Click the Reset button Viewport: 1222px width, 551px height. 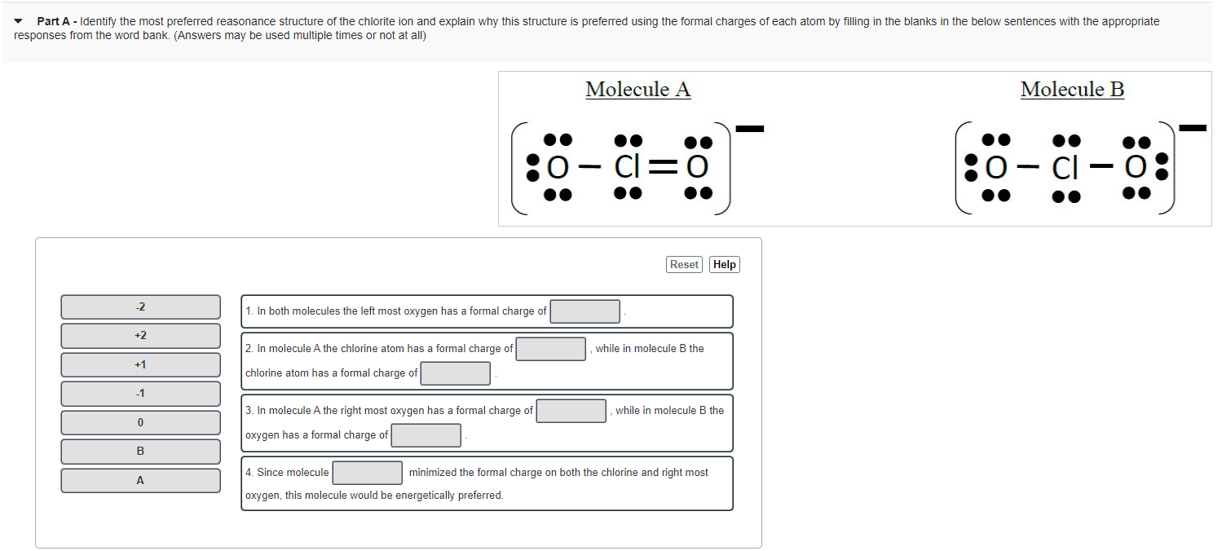(684, 264)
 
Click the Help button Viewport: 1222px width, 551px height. (724, 264)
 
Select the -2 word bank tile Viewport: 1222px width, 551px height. (140, 307)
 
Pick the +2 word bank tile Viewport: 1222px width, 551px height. (140, 336)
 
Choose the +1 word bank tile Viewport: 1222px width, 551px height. (140, 364)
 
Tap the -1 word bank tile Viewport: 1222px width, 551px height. (140, 394)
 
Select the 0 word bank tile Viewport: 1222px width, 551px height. (140, 422)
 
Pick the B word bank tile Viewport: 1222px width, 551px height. (140, 452)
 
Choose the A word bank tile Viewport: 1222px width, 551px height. (140, 481)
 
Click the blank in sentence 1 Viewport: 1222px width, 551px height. (585, 311)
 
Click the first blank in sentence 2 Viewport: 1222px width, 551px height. (551, 349)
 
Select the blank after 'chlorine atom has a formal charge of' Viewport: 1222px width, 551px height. (456, 373)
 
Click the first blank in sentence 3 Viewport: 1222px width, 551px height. (571, 411)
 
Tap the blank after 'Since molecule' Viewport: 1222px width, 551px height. (367, 473)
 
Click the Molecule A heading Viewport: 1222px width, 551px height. (637, 90)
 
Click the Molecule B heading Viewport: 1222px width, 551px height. (1072, 90)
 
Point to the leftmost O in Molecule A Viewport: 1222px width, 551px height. (558, 167)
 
